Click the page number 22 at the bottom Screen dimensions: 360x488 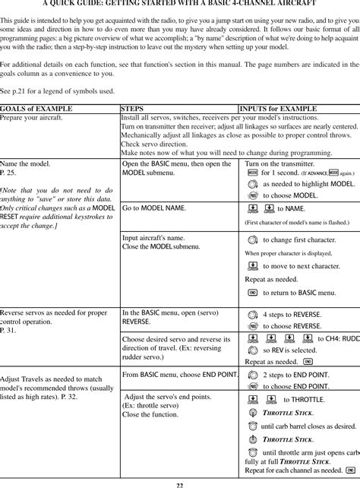click(180, 484)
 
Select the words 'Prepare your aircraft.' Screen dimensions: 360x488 click(31, 118)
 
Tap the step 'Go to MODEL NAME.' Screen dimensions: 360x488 click(154, 208)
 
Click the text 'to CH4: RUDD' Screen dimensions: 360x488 click(338, 339)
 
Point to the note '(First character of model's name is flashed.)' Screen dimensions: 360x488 click(297, 223)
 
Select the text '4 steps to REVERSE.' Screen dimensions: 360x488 click(291, 314)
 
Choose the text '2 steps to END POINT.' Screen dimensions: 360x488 click(295, 375)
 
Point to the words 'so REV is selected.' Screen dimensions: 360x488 click(289, 350)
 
